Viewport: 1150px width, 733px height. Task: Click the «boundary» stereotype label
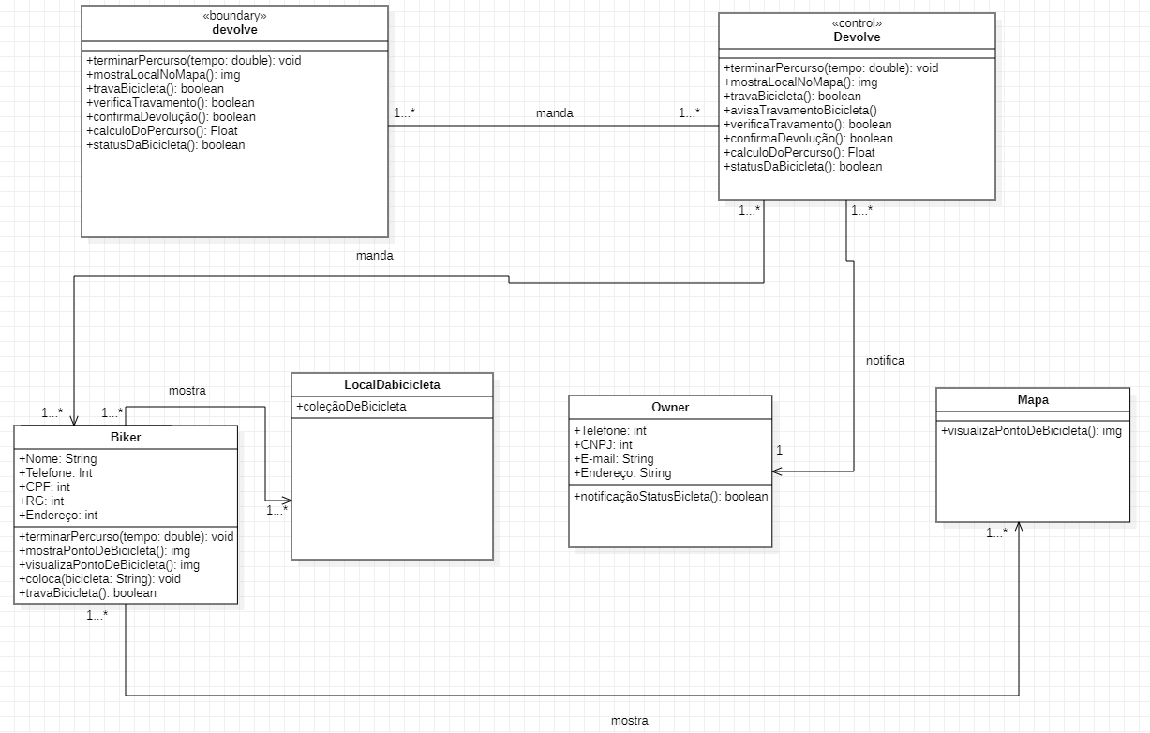(234, 16)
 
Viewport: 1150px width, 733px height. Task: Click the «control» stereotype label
(857, 23)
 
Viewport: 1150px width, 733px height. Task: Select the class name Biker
(126, 437)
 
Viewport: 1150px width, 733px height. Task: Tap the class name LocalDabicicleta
(392, 384)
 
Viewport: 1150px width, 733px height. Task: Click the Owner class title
(670, 407)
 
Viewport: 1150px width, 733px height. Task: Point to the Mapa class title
(1033, 399)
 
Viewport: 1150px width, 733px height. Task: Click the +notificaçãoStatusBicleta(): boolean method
(670, 496)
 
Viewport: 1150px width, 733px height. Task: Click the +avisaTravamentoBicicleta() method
(799, 110)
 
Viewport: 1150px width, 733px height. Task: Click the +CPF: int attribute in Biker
(44, 486)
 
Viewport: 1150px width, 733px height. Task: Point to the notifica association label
(885, 360)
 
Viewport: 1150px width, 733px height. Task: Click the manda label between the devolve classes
(554, 112)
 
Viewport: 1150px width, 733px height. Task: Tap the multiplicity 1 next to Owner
(779, 450)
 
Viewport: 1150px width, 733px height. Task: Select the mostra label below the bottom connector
(629, 721)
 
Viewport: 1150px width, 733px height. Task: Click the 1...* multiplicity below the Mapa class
(996, 532)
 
